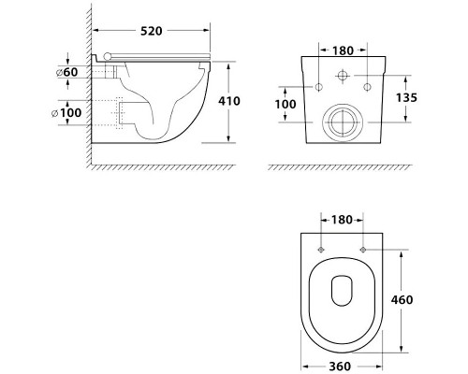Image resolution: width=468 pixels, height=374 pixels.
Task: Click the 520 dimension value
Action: (x=152, y=31)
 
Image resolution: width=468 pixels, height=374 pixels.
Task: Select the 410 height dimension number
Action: (x=229, y=101)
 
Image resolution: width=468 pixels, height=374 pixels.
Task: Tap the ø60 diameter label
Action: (x=66, y=72)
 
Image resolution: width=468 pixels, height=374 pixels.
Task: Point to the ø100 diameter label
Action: (x=66, y=112)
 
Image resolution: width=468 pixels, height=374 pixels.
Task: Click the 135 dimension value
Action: (x=406, y=97)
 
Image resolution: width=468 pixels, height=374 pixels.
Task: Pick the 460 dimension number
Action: (x=402, y=299)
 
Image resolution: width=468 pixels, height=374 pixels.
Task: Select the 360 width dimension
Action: (x=340, y=367)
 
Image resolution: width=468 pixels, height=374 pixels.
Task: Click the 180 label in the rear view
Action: (x=343, y=50)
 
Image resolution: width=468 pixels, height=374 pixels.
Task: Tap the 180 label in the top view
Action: (x=342, y=220)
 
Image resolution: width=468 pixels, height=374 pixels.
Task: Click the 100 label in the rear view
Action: (x=285, y=104)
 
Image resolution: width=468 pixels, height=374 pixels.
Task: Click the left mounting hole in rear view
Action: (x=318, y=87)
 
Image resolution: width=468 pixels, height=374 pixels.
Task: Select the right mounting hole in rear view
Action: (x=367, y=87)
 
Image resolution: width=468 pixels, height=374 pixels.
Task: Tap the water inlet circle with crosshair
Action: (x=343, y=76)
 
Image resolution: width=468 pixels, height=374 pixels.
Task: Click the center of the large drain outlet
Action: (x=343, y=122)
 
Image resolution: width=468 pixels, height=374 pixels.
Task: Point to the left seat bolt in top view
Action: (x=321, y=250)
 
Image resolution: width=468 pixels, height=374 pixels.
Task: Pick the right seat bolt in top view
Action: (x=363, y=250)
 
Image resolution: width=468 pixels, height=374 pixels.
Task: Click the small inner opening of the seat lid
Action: (x=342, y=291)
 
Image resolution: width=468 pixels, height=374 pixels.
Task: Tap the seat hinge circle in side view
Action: (x=108, y=56)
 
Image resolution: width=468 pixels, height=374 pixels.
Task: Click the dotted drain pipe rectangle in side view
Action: (x=120, y=113)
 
